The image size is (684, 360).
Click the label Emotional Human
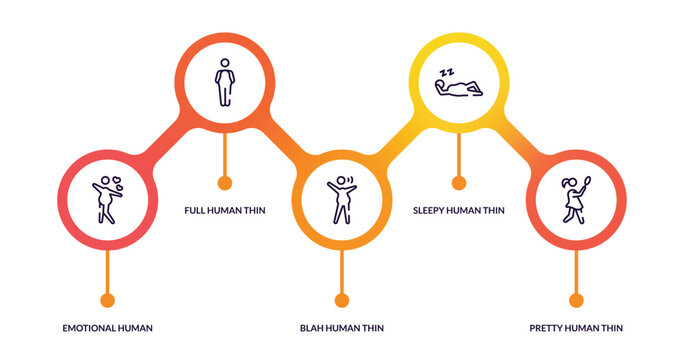pyautogui.click(x=107, y=328)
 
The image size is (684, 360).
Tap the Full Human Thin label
pyautogui.click(x=225, y=210)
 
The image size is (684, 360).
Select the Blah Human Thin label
pyautogui.click(x=341, y=328)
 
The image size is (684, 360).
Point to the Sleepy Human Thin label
pyautogui.click(x=458, y=210)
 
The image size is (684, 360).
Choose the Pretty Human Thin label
pyautogui.click(x=576, y=328)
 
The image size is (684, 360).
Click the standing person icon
pyautogui.click(x=225, y=82)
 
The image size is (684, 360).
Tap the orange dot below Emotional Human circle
pyautogui.click(x=108, y=300)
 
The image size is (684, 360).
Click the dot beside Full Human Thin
pyautogui.click(x=225, y=183)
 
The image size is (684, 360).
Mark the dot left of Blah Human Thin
pyautogui.click(x=342, y=300)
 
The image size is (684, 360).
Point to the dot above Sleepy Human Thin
pyautogui.click(x=459, y=183)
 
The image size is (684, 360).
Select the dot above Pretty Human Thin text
pyautogui.click(x=576, y=300)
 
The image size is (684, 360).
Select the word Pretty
pyautogui.click(x=546, y=328)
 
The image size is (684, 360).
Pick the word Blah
pyautogui.click(x=311, y=328)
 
